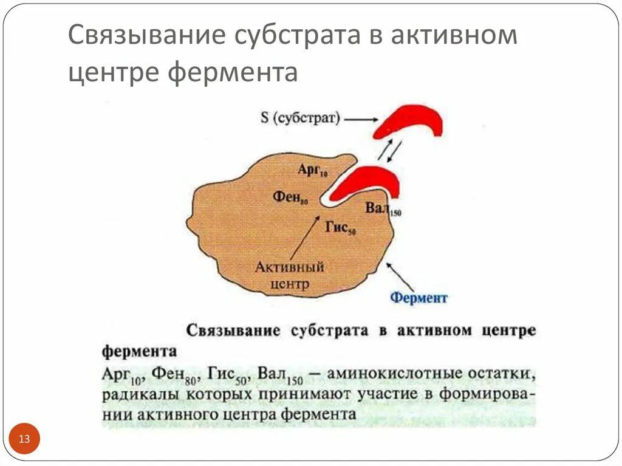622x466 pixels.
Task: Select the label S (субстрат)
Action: click(299, 117)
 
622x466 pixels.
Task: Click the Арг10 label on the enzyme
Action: click(312, 170)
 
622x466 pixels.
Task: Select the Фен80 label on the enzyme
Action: click(290, 197)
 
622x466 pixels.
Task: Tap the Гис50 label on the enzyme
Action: click(340, 228)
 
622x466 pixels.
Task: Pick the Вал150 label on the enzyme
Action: click(383, 210)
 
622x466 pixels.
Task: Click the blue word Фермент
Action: click(419, 298)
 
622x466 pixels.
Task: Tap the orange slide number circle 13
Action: click(25, 439)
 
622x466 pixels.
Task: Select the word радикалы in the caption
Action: click(134, 395)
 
